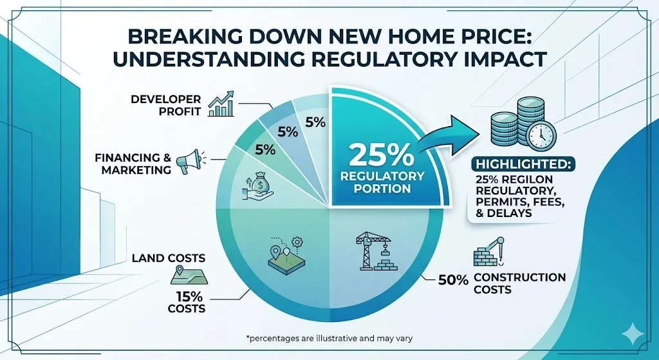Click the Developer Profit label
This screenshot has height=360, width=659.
[x=166, y=106]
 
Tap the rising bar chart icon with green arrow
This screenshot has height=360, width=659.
[x=223, y=105]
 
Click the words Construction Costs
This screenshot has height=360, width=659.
[x=519, y=284]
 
